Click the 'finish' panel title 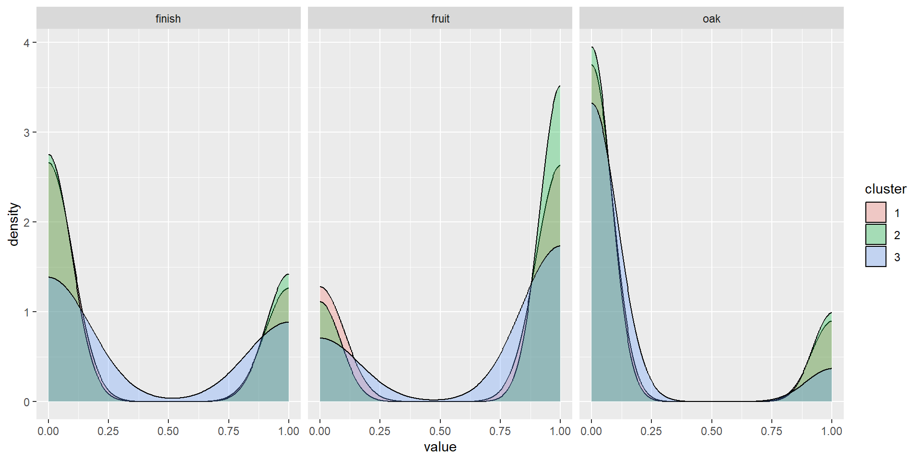(x=168, y=19)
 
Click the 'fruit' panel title (x=440, y=19)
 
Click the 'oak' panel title (x=711, y=19)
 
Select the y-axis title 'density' (x=14, y=224)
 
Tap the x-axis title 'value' (x=440, y=447)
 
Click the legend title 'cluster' (x=885, y=189)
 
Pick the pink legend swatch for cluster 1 (x=875, y=212)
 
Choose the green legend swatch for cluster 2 (x=875, y=235)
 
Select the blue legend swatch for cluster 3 (x=875, y=257)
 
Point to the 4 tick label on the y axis (x=26, y=43)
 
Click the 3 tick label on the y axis (x=26, y=133)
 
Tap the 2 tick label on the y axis (x=26, y=222)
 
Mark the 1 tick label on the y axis (x=26, y=312)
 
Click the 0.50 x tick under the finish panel (x=168, y=431)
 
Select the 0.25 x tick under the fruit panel (x=380, y=431)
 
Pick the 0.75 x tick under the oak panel (x=771, y=431)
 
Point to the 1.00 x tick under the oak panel (x=831, y=431)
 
